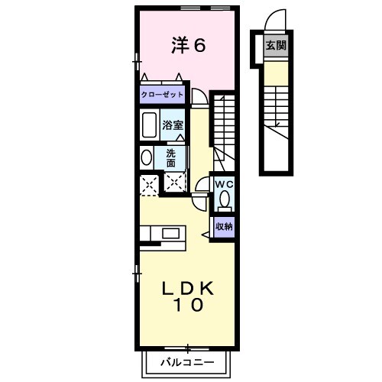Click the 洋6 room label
[x=188, y=46]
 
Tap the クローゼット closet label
[x=162, y=95]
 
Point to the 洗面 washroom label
[x=171, y=157]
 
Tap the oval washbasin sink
[x=146, y=157]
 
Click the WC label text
[x=223, y=185]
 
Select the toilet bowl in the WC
[x=224, y=200]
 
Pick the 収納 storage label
[x=223, y=226]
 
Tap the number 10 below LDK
[x=187, y=306]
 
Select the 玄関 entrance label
[x=275, y=45]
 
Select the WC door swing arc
[x=202, y=187]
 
